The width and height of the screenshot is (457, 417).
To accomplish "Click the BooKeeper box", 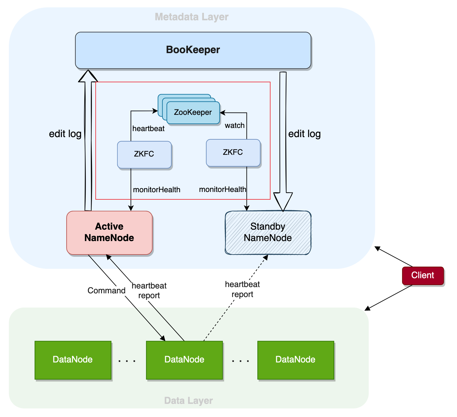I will [193, 50].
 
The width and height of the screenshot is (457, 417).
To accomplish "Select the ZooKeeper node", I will [193, 113].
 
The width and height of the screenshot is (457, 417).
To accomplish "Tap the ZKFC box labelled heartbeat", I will [144, 154].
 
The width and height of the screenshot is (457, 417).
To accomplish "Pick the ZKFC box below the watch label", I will [233, 153].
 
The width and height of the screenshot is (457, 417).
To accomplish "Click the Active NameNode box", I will [109, 232].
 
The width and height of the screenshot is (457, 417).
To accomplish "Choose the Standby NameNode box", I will [268, 232].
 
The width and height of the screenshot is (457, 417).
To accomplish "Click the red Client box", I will [423, 275].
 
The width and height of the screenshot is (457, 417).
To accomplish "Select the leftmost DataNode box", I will [73, 360].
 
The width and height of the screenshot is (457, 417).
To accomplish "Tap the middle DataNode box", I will [184, 360].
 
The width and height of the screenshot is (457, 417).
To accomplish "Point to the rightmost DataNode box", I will [296, 360].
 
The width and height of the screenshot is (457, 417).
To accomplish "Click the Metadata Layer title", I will [192, 17].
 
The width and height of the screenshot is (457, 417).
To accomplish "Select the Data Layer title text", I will [189, 401].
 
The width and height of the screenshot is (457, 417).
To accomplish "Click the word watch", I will [234, 126].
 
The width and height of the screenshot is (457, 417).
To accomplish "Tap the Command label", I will [107, 291].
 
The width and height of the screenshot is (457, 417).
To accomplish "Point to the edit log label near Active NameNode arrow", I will [65, 134].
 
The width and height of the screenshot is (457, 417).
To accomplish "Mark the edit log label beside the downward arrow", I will [304, 134].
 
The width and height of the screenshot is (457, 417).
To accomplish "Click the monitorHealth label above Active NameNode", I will [157, 190].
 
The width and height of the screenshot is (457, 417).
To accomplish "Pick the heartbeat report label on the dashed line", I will [242, 289].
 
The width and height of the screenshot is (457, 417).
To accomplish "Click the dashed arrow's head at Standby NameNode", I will [266, 257].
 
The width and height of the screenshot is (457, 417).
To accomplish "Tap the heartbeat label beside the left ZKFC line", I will [148, 129].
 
